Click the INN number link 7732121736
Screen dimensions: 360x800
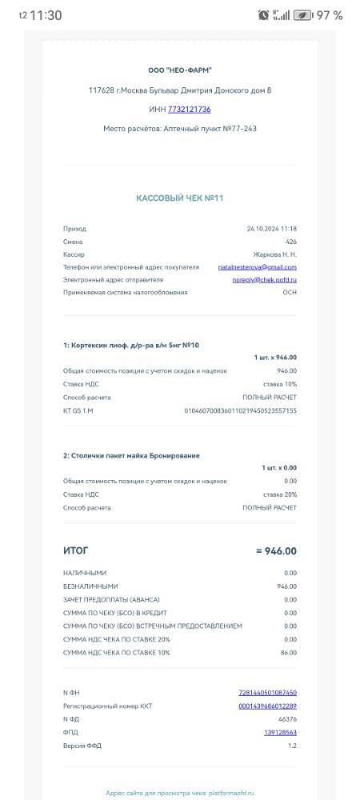(x=190, y=110)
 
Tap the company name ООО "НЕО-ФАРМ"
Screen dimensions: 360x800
(x=180, y=70)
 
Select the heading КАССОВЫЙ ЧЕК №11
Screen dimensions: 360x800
(x=180, y=198)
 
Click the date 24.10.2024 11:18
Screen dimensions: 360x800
(x=271, y=229)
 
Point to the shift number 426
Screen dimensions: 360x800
(x=291, y=242)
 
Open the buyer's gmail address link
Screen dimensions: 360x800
(x=257, y=267)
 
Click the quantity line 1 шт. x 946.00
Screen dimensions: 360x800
(x=275, y=358)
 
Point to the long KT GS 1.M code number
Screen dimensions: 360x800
(x=240, y=410)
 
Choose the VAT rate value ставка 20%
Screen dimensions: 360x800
(x=280, y=494)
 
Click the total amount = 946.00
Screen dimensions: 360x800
(x=276, y=551)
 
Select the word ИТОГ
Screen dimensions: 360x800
(x=76, y=551)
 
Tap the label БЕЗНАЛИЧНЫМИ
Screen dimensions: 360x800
(x=85, y=586)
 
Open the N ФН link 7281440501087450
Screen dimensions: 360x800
(x=267, y=693)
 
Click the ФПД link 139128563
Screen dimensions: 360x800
(x=279, y=732)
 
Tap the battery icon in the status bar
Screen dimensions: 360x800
(x=302, y=15)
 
